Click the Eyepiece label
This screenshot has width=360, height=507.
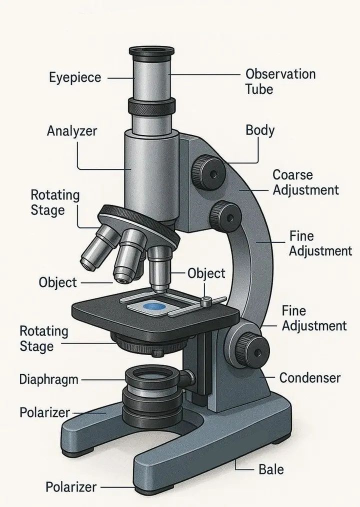point(75,78)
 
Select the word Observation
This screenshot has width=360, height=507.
point(280,74)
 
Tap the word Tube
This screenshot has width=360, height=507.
point(259,89)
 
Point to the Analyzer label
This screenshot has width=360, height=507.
point(72,131)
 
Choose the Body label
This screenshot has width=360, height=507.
point(260,130)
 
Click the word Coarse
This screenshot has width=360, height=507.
point(292,175)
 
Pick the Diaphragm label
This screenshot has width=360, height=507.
point(49,379)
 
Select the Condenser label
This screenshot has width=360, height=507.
point(310,377)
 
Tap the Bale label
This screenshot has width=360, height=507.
point(271,469)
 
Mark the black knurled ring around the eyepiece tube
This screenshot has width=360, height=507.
point(151,106)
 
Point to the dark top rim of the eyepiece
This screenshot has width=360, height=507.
point(151,51)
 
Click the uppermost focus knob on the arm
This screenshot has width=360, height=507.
point(208,172)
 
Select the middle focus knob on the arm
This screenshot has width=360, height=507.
point(226,216)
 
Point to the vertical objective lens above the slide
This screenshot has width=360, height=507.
point(160,269)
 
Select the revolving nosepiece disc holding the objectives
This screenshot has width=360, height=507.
point(139,223)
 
